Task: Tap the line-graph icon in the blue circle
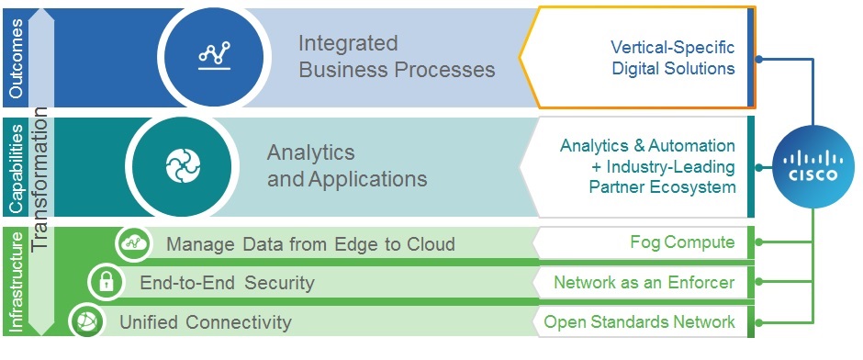(215, 55)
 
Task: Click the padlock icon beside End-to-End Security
(106, 283)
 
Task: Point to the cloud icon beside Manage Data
(134, 242)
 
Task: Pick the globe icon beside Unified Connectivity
(87, 321)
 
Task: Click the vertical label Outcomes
(17, 59)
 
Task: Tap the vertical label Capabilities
(17, 168)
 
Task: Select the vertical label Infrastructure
(17, 282)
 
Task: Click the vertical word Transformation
(40, 179)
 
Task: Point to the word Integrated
(348, 43)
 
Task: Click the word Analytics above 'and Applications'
(311, 152)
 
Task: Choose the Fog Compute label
(682, 242)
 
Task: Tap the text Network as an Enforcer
(644, 282)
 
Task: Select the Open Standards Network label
(639, 321)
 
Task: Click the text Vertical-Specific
(673, 48)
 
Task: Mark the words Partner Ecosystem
(662, 187)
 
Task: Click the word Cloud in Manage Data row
(431, 244)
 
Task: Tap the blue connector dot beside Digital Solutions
(759, 59)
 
